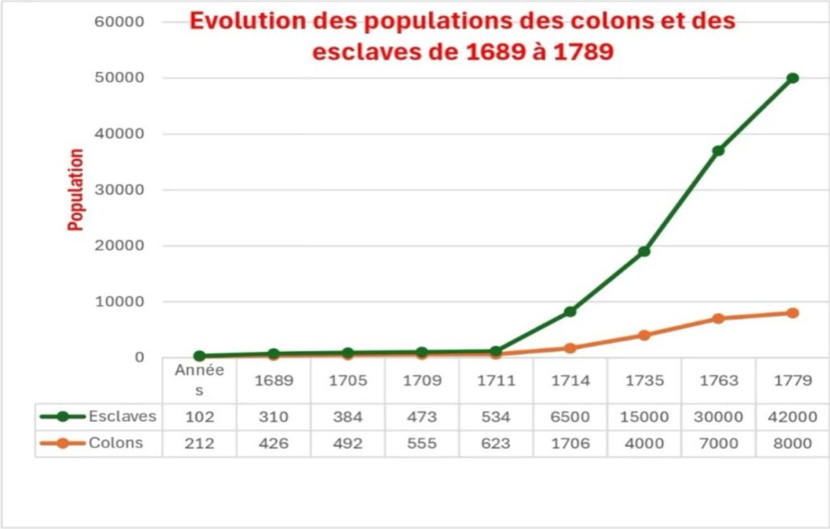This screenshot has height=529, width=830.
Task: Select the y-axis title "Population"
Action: [76, 189]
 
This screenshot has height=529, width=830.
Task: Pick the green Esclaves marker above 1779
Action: [792, 78]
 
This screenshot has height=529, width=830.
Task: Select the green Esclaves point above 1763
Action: [718, 151]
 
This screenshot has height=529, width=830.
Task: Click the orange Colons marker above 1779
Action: [792, 313]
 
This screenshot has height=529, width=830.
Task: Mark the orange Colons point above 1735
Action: [644, 335]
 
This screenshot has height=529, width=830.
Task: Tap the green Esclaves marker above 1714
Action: [571, 312]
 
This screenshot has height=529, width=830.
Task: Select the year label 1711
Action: [496, 381]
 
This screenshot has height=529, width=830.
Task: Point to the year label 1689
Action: [273, 381]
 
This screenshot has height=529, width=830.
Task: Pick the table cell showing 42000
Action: [792, 417]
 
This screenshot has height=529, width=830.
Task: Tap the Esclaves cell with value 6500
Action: [570, 417]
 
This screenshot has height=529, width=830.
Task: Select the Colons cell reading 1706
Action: [570, 443]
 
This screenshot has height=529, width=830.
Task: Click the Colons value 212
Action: [199, 443]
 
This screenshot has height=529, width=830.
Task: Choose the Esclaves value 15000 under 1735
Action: [644, 417]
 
